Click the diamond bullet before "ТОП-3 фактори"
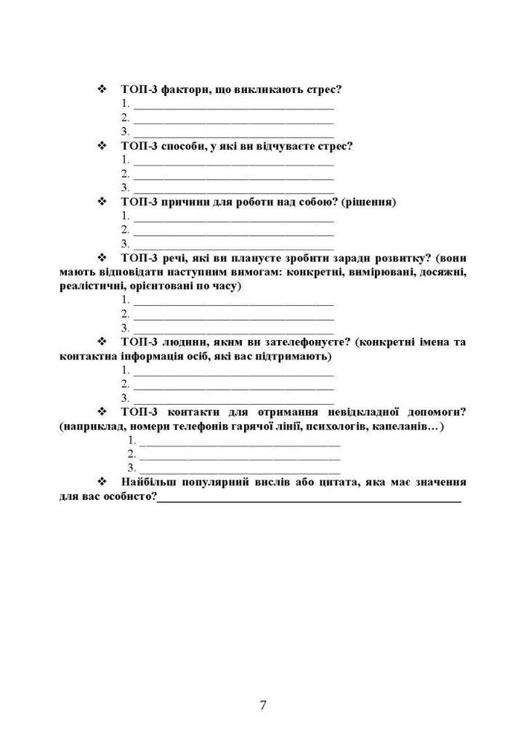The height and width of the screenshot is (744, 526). pos(103,89)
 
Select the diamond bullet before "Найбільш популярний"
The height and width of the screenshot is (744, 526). pos(103,482)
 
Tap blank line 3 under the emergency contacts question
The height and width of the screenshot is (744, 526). pos(240,472)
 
